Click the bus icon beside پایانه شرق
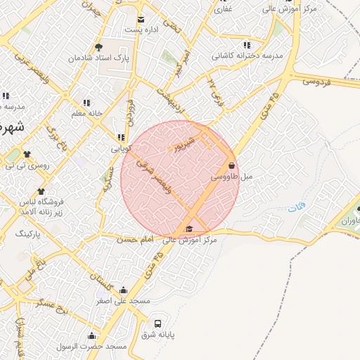pos(157,324)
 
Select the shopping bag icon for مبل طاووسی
pos(231,166)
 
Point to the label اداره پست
pos(141,30)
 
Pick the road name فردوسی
pos(317,81)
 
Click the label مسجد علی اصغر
pos(124,301)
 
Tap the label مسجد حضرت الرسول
pos(92,347)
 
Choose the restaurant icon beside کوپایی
pos(121,138)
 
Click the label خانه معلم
pos(87,113)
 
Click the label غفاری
pos(224,9)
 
